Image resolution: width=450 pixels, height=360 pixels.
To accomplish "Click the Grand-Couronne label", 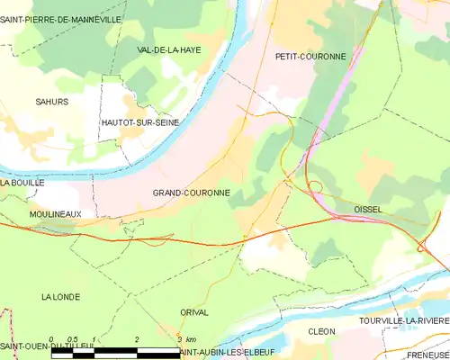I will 191,193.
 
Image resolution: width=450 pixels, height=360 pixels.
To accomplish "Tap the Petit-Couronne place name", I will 310,56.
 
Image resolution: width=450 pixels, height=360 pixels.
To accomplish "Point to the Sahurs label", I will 51,102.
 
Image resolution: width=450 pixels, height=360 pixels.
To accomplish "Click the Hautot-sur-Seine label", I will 139,121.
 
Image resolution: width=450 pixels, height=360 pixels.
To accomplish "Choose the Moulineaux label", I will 55,213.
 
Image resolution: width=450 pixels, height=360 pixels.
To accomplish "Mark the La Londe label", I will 60,296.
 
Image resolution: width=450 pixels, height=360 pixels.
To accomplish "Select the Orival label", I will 193,312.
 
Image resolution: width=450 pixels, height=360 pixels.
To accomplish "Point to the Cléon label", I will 321,331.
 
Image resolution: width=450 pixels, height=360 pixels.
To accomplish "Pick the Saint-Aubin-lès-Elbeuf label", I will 226,352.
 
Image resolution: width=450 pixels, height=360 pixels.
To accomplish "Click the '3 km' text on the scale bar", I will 186,338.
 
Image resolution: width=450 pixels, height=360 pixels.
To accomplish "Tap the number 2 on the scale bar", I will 137,338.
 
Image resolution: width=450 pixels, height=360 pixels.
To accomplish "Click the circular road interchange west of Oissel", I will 316,186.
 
